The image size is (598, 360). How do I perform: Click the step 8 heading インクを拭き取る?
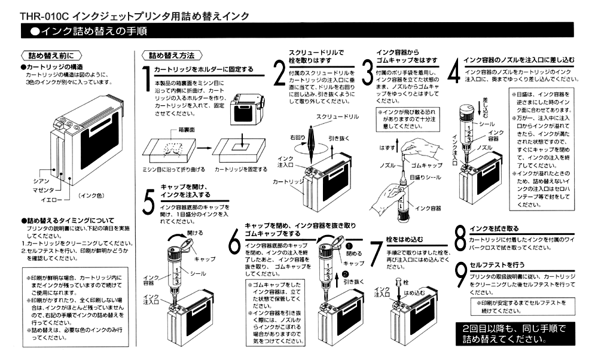coord(498,228)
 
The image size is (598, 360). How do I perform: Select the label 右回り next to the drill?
coord(301,136)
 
